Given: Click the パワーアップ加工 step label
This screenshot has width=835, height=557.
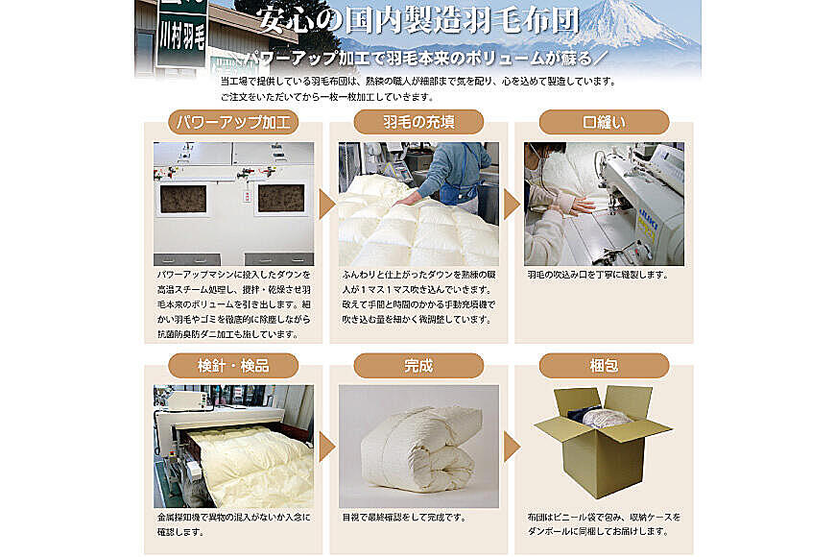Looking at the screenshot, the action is pyautogui.click(x=233, y=122).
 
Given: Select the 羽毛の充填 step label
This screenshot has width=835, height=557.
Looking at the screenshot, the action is pyautogui.click(x=418, y=122).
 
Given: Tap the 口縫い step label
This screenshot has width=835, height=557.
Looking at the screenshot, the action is pyautogui.click(x=604, y=122).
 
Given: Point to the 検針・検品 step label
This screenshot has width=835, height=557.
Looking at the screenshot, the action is pyautogui.click(x=233, y=366).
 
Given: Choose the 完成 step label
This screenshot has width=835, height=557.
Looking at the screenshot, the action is pyautogui.click(x=418, y=366).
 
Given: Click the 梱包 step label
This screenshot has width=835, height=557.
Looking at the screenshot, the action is pyautogui.click(x=604, y=366).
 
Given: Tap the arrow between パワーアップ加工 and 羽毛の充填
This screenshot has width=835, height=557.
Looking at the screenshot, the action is pyautogui.click(x=326, y=205).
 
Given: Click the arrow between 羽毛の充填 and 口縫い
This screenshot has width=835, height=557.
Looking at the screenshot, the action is pyautogui.click(x=512, y=205).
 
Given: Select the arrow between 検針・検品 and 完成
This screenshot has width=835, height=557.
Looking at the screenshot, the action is pyautogui.click(x=326, y=447).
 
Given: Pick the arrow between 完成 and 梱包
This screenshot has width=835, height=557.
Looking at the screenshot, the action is pyautogui.click(x=512, y=447).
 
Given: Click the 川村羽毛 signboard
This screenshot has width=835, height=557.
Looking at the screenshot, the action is pyautogui.click(x=181, y=37).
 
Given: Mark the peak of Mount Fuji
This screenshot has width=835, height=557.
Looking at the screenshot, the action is pyautogui.click(x=637, y=4).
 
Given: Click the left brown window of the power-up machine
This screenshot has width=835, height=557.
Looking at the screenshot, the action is pyautogui.click(x=183, y=199).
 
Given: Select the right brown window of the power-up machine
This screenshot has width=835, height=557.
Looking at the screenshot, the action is pyautogui.click(x=281, y=198).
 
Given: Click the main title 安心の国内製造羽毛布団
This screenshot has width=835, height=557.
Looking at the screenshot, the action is pyautogui.click(x=418, y=21).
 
